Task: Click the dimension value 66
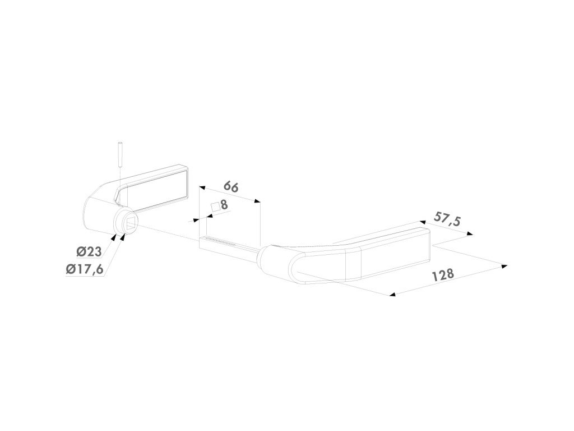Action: [231, 186]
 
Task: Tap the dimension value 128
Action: [442, 275]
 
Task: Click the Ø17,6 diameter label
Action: [84, 269]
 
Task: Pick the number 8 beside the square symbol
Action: [224, 205]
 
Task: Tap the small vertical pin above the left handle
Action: [121, 154]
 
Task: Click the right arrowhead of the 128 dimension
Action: [504, 265]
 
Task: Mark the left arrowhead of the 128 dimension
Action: [392, 294]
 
